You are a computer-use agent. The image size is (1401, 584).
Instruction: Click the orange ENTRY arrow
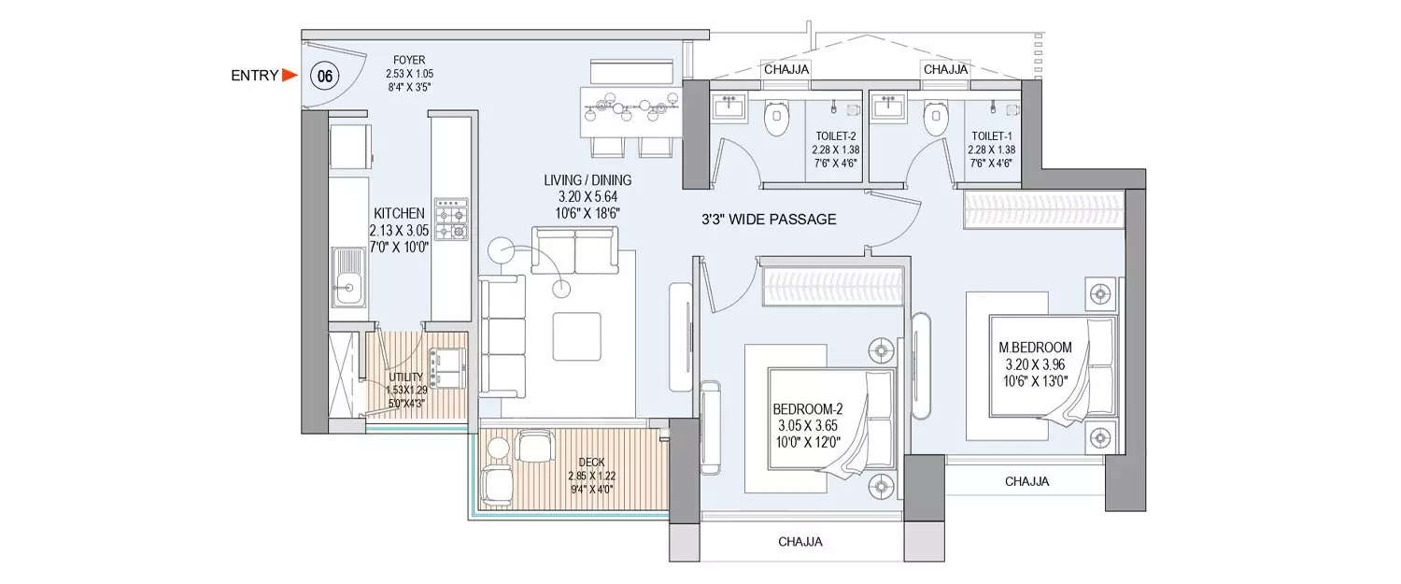pos(290,76)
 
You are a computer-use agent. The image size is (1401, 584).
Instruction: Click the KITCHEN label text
pos(399,213)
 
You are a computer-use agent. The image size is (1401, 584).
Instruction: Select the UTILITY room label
pos(407,377)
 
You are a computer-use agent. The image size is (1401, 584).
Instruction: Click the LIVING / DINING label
pos(588,179)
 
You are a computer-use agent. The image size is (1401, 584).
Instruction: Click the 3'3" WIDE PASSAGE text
pos(769,221)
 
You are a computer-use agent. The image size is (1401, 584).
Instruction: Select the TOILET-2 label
pos(835,136)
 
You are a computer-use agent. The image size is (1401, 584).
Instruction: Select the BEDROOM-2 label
pos(808,409)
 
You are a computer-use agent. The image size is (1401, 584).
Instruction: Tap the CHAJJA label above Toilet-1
pos(944,69)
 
